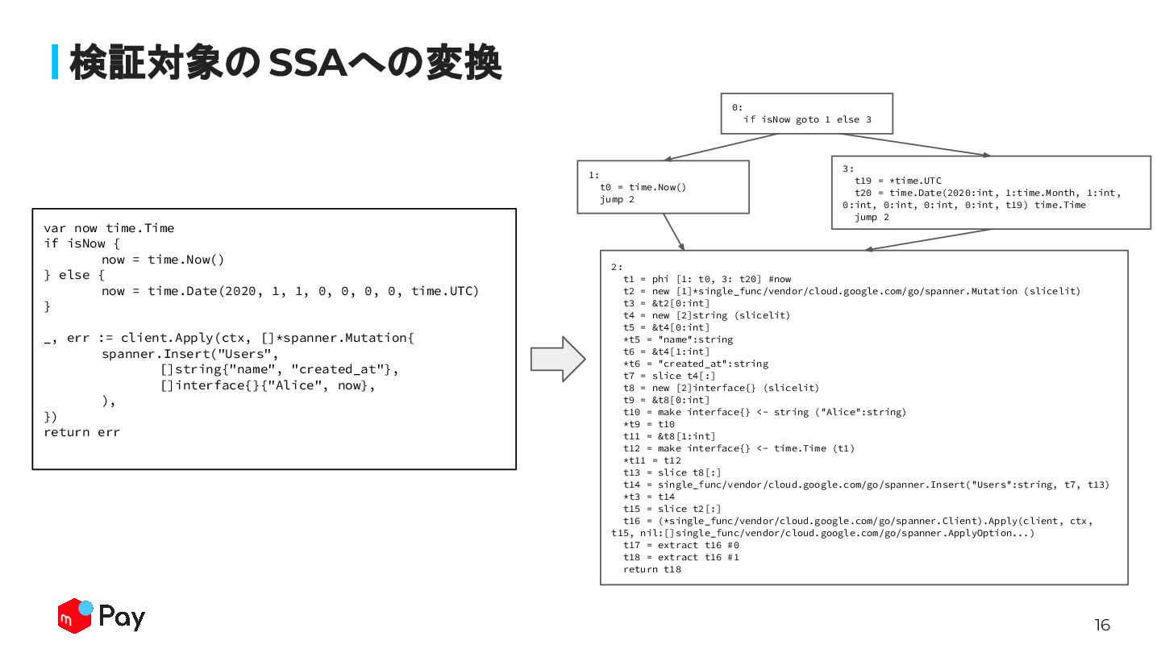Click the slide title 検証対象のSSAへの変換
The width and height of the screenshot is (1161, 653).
(x=285, y=63)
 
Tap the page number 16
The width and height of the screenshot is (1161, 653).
(x=1101, y=625)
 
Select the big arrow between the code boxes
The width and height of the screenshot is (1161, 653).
(x=557, y=359)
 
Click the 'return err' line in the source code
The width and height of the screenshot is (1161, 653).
(x=81, y=432)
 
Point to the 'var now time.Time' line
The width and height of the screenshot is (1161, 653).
(x=109, y=228)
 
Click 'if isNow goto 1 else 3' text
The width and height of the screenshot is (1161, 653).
(x=807, y=119)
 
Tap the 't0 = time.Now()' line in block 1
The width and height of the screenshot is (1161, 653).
(x=643, y=187)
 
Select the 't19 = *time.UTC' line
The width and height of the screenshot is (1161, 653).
(x=898, y=181)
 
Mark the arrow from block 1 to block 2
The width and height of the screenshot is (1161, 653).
(x=674, y=232)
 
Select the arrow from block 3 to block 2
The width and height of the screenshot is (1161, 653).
(x=927, y=240)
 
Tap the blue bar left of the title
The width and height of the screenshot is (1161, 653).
(x=55, y=62)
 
